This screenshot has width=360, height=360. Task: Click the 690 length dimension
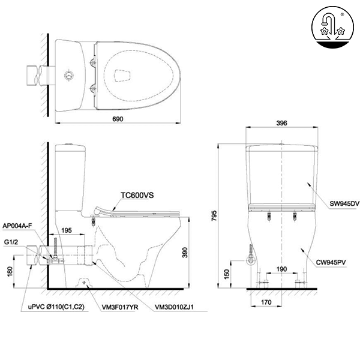[x=118, y=119]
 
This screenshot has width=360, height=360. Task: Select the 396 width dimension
[x=282, y=123]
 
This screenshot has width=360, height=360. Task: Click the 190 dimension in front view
[x=281, y=269]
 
